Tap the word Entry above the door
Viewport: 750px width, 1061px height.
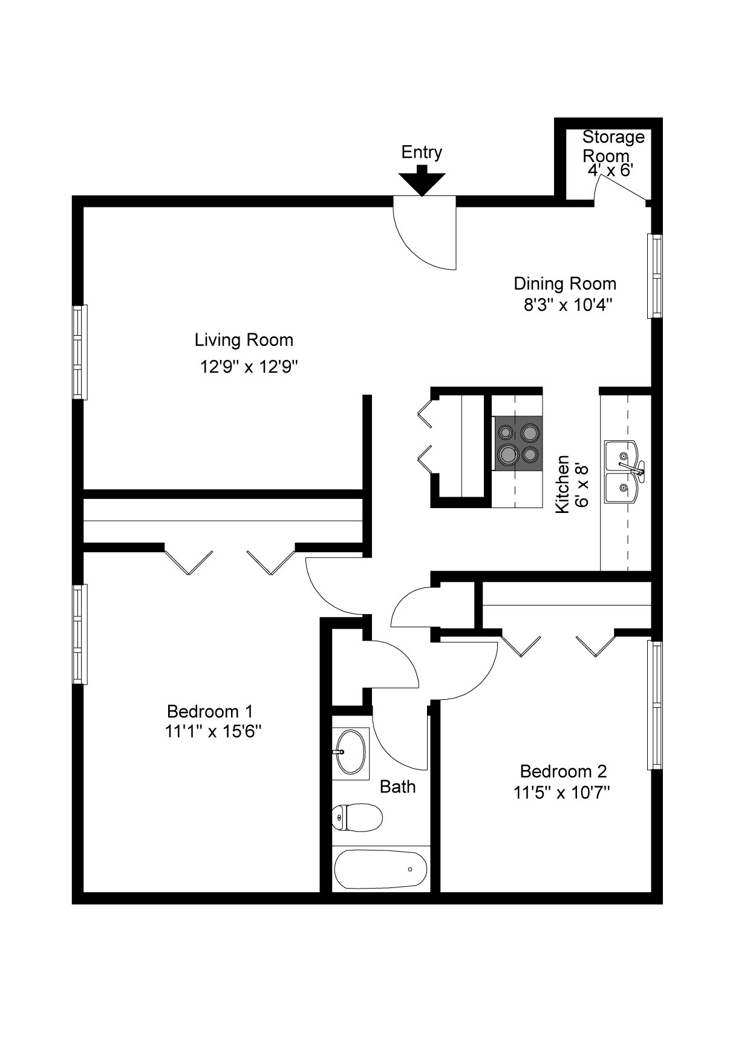[422, 152]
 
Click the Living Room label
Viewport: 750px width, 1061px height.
[244, 340]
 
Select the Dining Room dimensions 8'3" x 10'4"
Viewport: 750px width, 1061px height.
[569, 304]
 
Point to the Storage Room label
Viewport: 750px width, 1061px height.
[613, 146]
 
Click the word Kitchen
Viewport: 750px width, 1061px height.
[562, 485]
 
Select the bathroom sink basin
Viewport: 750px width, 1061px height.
[350, 752]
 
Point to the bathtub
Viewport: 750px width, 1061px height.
[381, 869]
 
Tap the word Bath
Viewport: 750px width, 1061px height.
[397, 787]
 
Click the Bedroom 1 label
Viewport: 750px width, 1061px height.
[209, 711]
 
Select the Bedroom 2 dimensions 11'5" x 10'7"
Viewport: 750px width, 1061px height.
[562, 792]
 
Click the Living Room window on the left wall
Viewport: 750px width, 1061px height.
[80, 352]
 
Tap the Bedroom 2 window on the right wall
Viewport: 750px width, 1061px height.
[655, 705]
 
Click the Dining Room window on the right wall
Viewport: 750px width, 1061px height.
[655, 276]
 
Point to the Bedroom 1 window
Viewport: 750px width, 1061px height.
[80, 634]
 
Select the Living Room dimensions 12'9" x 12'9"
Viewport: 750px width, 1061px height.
[250, 367]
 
